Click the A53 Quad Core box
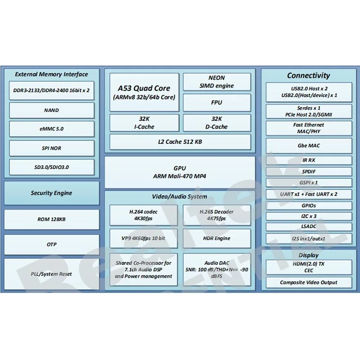click(144, 92)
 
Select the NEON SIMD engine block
click(216, 82)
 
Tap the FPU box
click(216, 103)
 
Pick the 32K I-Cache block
click(144, 123)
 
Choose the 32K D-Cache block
click(216, 123)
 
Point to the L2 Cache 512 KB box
click(180, 142)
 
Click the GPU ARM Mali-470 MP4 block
click(180, 172)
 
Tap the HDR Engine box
click(216, 238)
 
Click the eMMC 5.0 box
click(51, 129)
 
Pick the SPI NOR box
click(51, 148)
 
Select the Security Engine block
click(51, 193)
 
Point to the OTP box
click(51, 244)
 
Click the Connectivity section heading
click(308, 76)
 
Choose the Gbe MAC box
click(308, 146)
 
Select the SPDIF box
click(308, 171)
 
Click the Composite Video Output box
click(308, 283)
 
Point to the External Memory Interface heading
click(51, 74)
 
